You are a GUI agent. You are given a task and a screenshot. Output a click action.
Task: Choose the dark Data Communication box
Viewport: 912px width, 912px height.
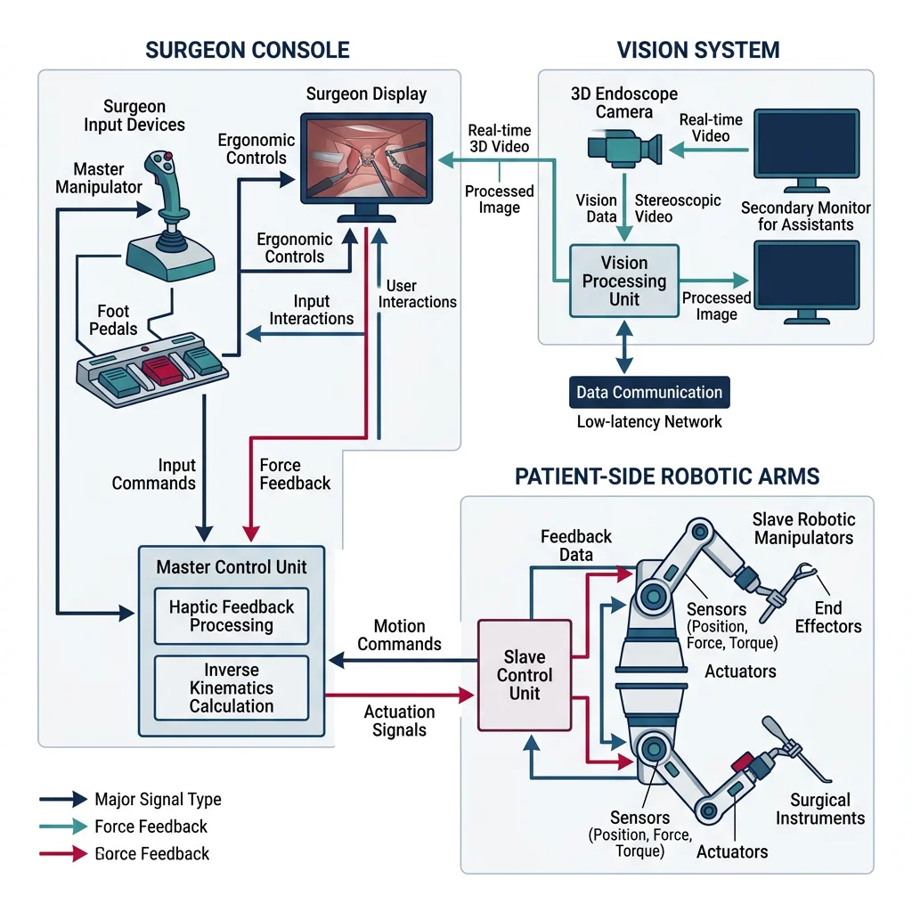(x=649, y=393)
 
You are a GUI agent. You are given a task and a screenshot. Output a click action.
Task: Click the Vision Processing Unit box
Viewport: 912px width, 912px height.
(x=623, y=281)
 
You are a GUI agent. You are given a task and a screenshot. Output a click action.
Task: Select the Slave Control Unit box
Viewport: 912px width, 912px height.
(x=525, y=675)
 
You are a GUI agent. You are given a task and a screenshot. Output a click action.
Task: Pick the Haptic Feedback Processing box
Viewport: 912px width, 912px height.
(x=232, y=616)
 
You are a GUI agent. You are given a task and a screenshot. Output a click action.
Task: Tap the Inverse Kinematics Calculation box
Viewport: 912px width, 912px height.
(x=232, y=688)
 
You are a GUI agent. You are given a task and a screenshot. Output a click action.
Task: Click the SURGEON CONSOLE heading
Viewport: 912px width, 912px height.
(x=248, y=50)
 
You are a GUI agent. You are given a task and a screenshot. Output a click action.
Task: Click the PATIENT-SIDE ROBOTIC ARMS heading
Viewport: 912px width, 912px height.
(x=667, y=476)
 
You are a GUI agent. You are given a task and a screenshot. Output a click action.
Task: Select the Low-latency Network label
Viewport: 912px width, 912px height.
(x=649, y=422)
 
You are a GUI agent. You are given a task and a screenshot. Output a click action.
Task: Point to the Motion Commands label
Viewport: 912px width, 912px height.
(x=399, y=635)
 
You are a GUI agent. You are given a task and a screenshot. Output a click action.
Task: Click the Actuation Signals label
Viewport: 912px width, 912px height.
(x=399, y=721)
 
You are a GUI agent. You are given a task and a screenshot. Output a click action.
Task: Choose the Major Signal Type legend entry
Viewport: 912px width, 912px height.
(x=158, y=799)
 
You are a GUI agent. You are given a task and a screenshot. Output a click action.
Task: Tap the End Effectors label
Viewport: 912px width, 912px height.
(x=828, y=617)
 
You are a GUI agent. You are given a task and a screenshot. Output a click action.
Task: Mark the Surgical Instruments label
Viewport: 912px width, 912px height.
(x=819, y=809)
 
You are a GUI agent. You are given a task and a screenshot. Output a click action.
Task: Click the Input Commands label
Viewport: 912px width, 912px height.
(x=153, y=475)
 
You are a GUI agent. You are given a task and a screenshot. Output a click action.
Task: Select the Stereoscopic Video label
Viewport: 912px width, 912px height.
(x=678, y=209)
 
